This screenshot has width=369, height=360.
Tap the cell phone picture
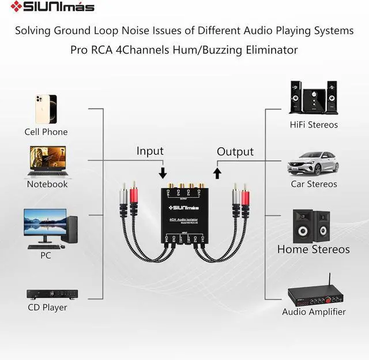coord(46,108)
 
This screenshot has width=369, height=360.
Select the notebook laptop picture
coord(47,161)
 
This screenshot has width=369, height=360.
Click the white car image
coord(313,164)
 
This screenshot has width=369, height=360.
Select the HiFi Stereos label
coord(314,125)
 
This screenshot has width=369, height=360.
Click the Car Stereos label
coord(314,184)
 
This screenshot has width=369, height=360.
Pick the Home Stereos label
coord(313,250)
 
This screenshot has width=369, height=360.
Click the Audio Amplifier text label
coord(314,312)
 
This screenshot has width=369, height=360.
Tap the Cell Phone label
coord(46,132)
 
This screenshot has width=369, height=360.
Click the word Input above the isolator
coord(150,151)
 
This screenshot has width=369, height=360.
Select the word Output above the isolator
coord(235,152)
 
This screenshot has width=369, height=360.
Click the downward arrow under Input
coord(163,172)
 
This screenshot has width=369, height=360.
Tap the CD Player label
coord(47,307)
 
